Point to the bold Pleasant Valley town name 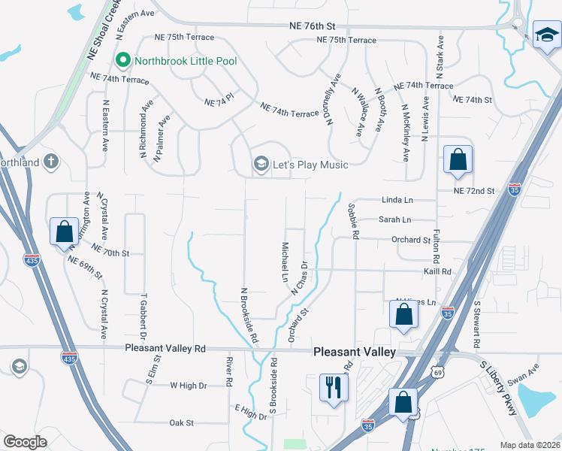[354, 352]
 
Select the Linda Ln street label [397, 201]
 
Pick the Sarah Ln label [394, 220]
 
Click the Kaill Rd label [436, 271]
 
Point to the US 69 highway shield [438, 371]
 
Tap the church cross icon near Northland [50, 161]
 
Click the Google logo [25, 442]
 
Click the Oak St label [182, 423]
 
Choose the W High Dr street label [188, 386]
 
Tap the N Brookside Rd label [246, 315]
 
